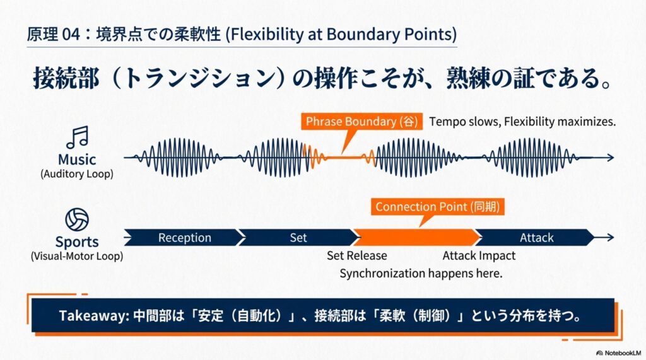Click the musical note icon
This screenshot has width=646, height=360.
pos(78,137)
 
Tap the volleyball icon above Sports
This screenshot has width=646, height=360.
pos(77,219)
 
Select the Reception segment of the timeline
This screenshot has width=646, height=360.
pos(184,238)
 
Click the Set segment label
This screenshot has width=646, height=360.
pos(298,238)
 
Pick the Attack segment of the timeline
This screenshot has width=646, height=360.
pos(536,238)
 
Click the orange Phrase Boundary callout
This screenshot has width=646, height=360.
pos(361,122)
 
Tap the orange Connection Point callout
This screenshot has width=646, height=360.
pos(438,207)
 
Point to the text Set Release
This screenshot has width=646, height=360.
pos(357,256)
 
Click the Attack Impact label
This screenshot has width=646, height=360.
pos(479,256)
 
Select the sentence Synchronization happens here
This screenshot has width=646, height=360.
pos(421,274)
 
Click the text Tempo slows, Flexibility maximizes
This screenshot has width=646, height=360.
pos(522,122)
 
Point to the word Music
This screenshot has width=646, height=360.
pos(77,160)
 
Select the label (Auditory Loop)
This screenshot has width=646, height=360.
pos(77,174)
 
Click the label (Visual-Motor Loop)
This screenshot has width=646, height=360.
pos(77,256)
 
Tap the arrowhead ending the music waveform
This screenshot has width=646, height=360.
pos(611,158)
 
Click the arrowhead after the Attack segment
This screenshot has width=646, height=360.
pos(611,237)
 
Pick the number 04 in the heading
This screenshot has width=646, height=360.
pos(71,35)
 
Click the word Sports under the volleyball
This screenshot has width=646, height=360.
pos(77,241)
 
